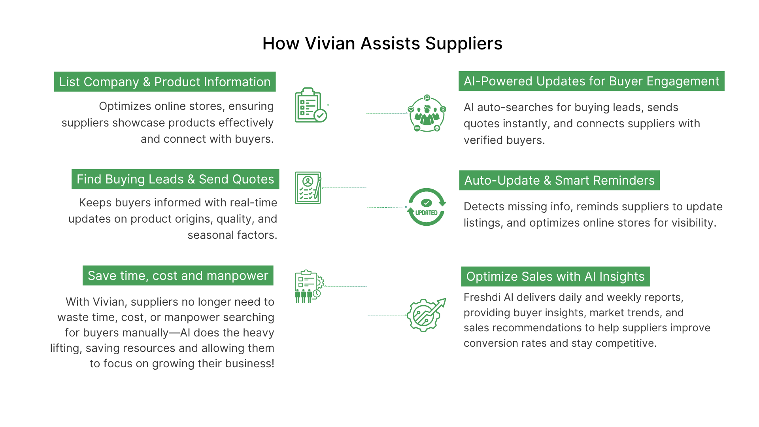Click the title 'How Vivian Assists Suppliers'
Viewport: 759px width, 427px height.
(382, 43)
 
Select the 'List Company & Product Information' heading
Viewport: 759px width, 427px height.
(165, 82)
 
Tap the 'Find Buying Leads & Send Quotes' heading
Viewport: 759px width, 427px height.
(175, 179)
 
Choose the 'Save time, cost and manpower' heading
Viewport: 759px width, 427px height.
(178, 276)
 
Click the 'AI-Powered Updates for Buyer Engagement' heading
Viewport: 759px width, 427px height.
(591, 81)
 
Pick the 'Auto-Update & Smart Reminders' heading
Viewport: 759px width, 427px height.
(559, 180)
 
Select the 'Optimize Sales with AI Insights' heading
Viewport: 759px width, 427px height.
(555, 276)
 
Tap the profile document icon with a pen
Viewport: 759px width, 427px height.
(308, 188)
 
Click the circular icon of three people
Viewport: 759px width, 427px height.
(427, 113)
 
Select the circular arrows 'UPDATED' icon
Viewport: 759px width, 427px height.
(427, 207)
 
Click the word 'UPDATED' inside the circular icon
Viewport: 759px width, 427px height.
(426, 213)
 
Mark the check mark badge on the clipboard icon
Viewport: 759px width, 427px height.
(320, 115)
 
